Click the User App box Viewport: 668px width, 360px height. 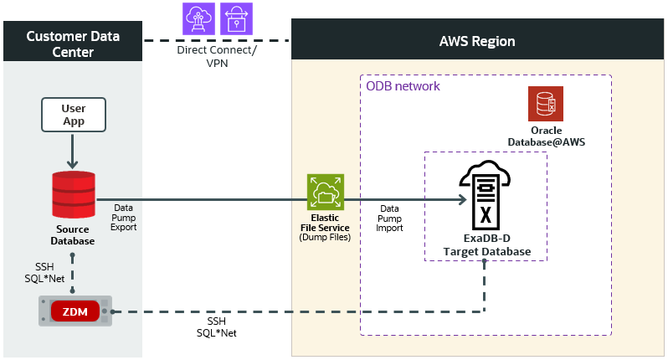73,115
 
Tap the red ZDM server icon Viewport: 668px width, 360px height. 75,311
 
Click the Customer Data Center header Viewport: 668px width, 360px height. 73,44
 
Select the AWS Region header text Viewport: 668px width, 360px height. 477,41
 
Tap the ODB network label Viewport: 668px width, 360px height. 403,86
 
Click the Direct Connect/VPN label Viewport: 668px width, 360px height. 217,56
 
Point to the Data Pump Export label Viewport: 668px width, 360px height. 124,216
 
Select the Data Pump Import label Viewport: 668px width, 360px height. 389,218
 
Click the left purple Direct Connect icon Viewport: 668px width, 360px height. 198,18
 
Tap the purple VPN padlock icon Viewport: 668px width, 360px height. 236,18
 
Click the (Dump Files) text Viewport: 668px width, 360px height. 325,238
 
